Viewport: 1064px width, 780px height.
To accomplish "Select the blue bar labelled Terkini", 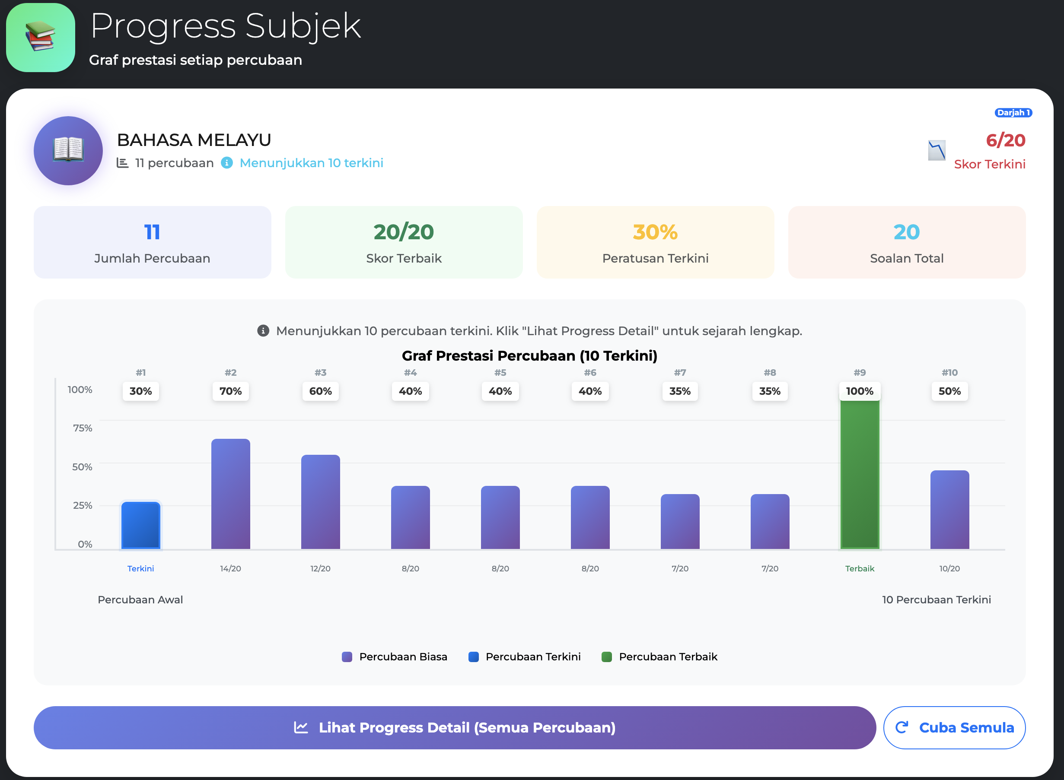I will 140,526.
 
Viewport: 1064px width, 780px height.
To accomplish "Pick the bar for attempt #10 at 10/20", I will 949,510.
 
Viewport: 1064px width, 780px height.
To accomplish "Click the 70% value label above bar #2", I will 231,391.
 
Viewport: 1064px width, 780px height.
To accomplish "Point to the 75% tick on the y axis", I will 82,428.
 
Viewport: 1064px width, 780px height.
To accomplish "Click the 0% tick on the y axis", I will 85,544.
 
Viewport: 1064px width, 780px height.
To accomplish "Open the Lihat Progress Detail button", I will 455,727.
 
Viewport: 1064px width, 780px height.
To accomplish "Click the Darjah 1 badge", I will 1013,112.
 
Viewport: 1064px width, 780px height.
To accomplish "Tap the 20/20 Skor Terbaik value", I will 404,232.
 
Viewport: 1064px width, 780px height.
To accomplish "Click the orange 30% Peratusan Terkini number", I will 655,232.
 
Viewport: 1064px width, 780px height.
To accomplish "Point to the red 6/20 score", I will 1005,140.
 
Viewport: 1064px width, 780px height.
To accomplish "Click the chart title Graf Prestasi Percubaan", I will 529,355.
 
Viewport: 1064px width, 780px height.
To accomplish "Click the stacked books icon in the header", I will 41,37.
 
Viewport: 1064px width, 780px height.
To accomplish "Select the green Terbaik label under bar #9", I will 860,568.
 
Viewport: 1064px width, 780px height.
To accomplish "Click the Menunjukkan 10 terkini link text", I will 311,163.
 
